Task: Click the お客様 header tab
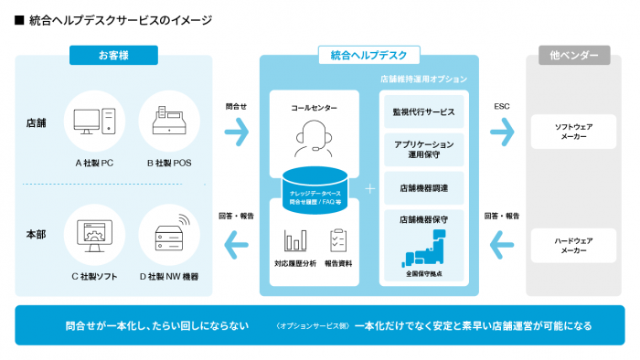(113, 56)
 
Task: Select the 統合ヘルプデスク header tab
(369, 56)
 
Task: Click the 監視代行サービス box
(423, 112)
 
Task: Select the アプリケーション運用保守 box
(423, 150)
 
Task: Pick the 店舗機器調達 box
(423, 187)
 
